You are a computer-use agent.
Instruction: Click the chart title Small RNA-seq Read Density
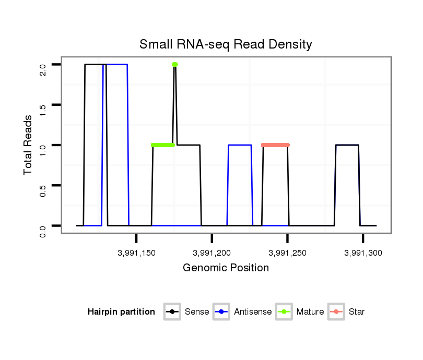(x=226, y=44)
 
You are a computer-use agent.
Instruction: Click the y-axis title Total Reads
(x=29, y=145)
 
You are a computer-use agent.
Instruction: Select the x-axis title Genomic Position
(x=226, y=268)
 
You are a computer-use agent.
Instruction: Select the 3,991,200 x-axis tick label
(x=211, y=253)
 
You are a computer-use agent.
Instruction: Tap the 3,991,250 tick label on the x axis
(x=287, y=253)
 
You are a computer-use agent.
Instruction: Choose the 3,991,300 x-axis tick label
(x=363, y=253)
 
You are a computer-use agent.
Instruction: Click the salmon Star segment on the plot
(x=275, y=145)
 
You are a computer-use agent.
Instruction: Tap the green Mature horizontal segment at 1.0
(x=162, y=145)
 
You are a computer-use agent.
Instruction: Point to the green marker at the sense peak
(x=175, y=65)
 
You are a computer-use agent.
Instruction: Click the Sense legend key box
(x=172, y=312)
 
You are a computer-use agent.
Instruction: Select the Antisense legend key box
(x=222, y=312)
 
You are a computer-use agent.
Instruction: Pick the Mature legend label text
(x=310, y=312)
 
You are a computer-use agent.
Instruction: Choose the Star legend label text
(x=356, y=312)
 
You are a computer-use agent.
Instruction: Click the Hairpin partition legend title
(x=121, y=312)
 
